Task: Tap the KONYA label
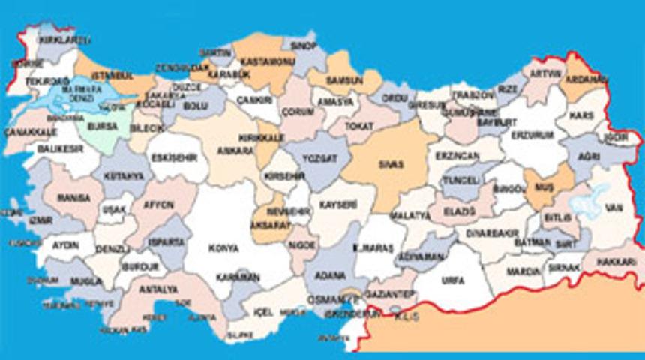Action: click(x=224, y=247)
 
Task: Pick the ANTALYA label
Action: click(x=159, y=289)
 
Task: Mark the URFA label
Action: click(x=453, y=280)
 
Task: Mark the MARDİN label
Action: click(x=524, y=271)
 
